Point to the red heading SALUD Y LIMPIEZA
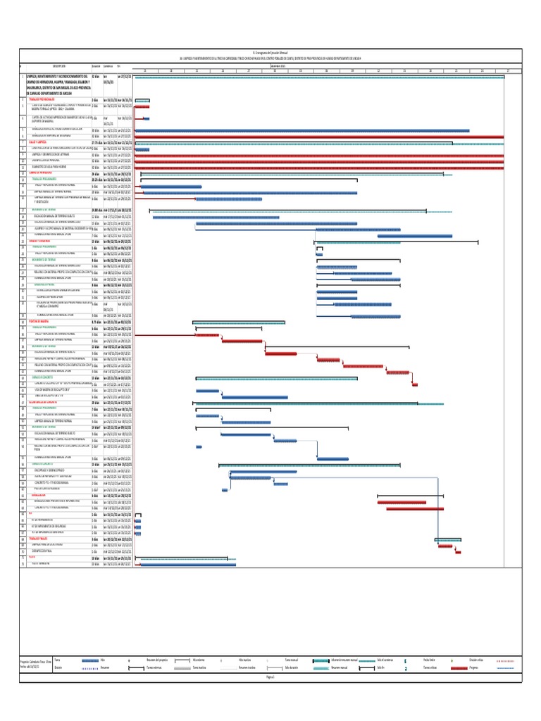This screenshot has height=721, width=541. [38, 142]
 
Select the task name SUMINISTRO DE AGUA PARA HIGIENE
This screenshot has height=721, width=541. [54, 166]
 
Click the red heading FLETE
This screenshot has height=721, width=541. [32, 558]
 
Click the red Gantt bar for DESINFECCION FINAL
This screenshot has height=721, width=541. [458, 551]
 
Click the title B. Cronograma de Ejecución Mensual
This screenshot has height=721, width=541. [271, 52]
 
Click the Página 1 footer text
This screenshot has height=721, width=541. [270, 677]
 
